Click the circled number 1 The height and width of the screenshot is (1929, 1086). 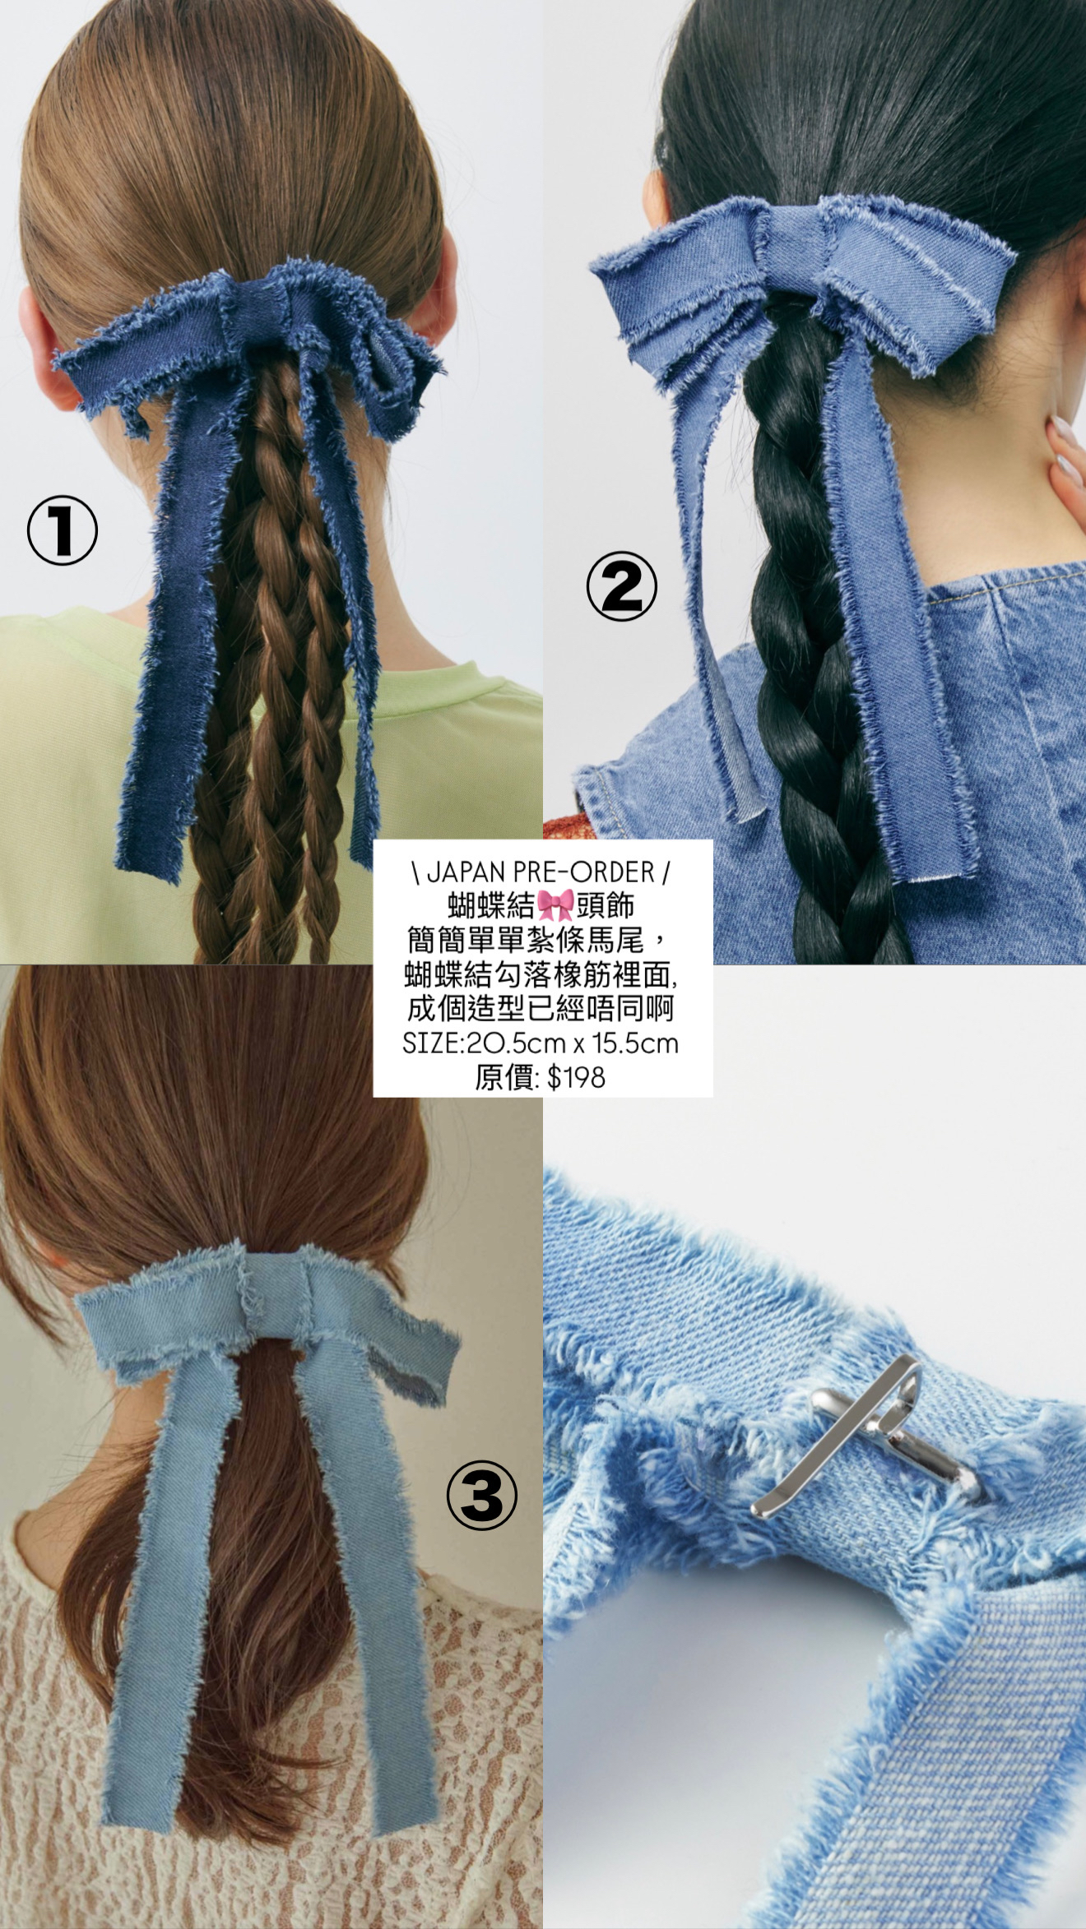click(63, 530)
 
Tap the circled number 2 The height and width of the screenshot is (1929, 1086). click(622, 586)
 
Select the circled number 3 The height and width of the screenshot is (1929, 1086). click(481, 1494)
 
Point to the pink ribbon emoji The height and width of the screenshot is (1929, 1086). click(555, 905)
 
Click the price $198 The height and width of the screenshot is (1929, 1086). click(576, 1077)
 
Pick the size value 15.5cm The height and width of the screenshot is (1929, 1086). click(634, 1043)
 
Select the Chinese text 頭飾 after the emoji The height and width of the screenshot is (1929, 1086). click(605, 905)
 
